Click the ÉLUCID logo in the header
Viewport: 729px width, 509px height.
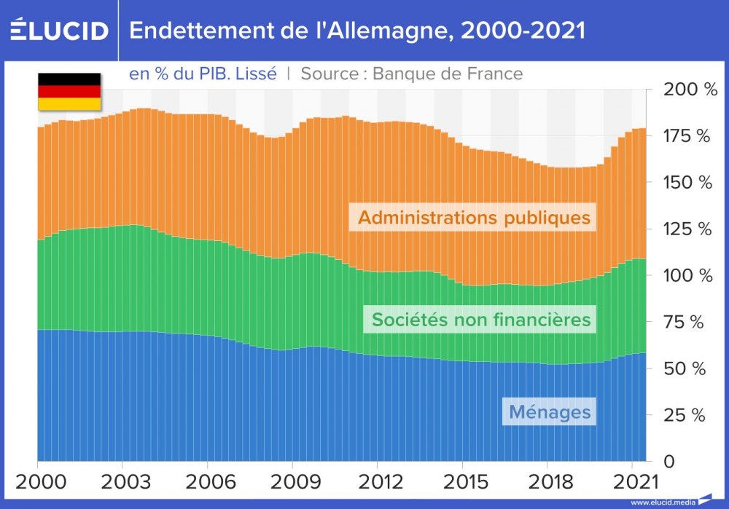pyautogui.click(x=60, y=31)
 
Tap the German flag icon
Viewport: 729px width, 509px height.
pyautogui.click(x=69, y=91)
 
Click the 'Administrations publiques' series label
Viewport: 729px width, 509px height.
pyautogui.click(x=474, y=218)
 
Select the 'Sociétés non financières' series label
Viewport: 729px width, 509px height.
pyautogui.click(x=480, y=319)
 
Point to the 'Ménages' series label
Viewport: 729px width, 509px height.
pyautogui.click(x=550, y=411)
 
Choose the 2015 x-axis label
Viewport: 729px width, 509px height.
pyautogui.click(x=462, y=481)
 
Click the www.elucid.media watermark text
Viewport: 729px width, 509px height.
pyautogui.click(x=662, y=502)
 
